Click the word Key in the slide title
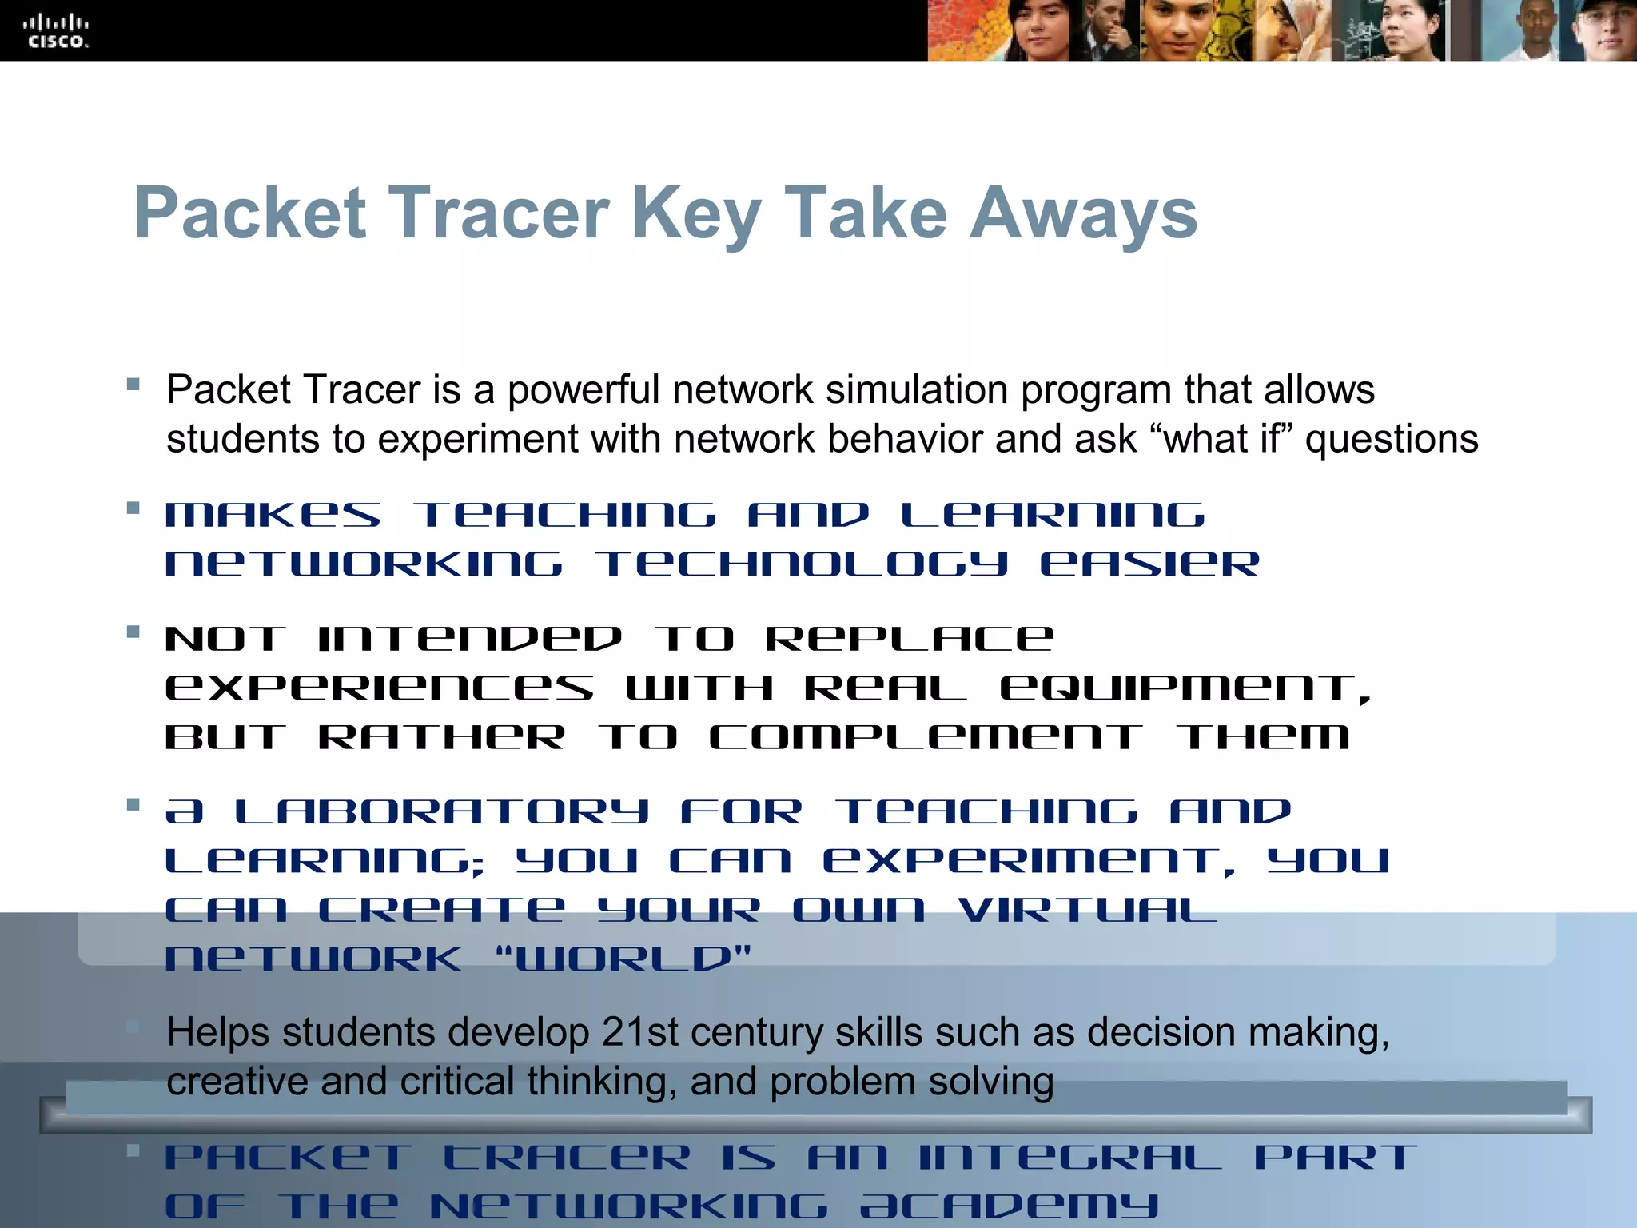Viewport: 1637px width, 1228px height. [x=695, y=213]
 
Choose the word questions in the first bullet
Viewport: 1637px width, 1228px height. [x=1392, y=439]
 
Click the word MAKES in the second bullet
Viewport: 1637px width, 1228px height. [x=273, y=516]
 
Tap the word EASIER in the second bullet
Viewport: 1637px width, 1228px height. [x=1149, y=564]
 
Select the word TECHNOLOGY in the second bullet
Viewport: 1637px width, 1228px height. [x=802, y=564]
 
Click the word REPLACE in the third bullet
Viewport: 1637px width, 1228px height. [x=910, y=639]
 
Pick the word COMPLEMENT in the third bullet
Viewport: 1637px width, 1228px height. [x=926, y=737]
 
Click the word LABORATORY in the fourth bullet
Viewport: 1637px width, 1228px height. [x=441, y=812]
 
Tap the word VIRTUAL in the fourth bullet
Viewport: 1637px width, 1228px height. [x=1087, y=910]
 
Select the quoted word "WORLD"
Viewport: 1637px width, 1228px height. [x=624, y=959]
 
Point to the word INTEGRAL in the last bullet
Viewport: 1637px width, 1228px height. [x=1069, y=1157]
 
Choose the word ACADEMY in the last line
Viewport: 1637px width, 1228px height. [x=1009, y=1206]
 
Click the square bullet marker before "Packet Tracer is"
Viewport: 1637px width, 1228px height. [x=133, y=385]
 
